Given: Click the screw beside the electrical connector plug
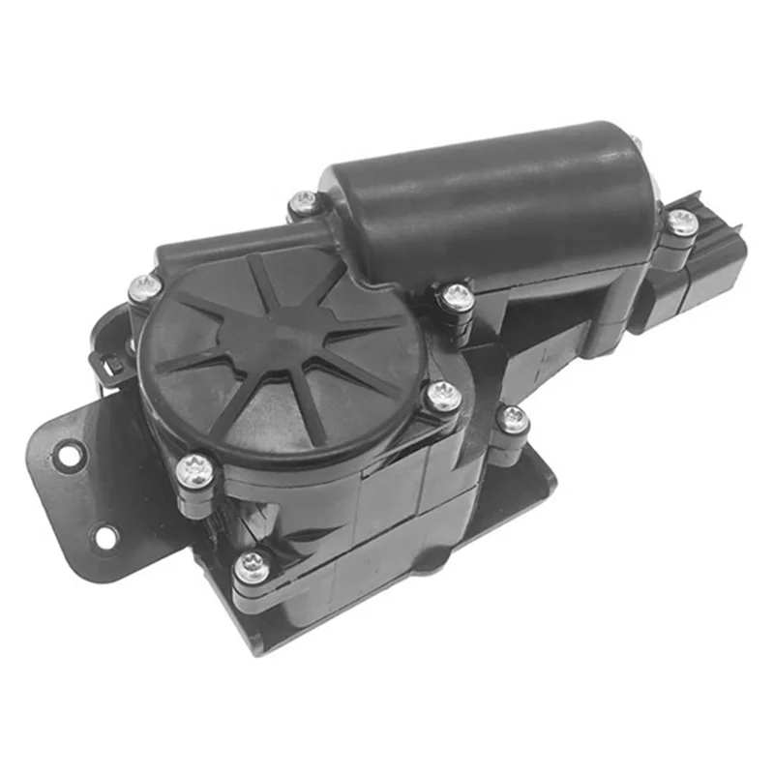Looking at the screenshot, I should [x=682, y=223].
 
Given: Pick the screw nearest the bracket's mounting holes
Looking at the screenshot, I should [x=193, y=471].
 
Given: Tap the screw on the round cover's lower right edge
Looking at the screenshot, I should [x=444, y=395].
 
